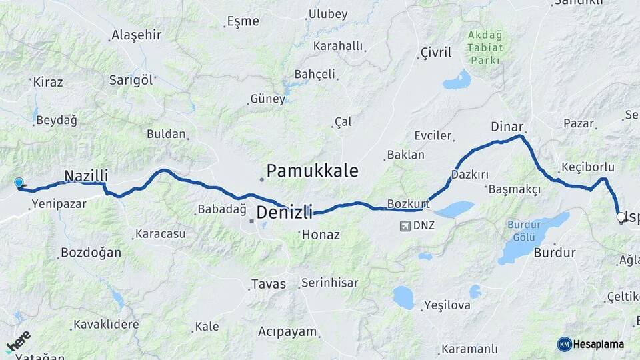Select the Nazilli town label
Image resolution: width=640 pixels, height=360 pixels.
pyautogui.click(x=86, y=176)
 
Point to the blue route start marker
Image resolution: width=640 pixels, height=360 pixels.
pyautogui.click(x=19, y=183)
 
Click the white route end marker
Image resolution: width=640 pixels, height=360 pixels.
pyautogui.click(x=621, y=217)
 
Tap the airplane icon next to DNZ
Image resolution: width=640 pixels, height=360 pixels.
pyautogui.click(x=405, y=225)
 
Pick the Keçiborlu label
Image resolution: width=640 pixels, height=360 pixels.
pyautogui.click(x=589, y=166)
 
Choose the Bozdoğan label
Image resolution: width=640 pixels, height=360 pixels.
pyautogui.click(x=91, y=253)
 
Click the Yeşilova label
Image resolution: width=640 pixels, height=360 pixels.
pyautogui.click(x=447, y=305)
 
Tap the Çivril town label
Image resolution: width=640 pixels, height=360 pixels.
pyautogui.click(x=436, y=53)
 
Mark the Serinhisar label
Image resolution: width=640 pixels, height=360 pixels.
pyautogui.click(x=329, y=283)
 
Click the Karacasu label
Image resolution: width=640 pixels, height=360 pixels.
pyautogui.click(x=159, y=234)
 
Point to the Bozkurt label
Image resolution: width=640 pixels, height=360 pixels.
pyautogui.click(x=407, y=203)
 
